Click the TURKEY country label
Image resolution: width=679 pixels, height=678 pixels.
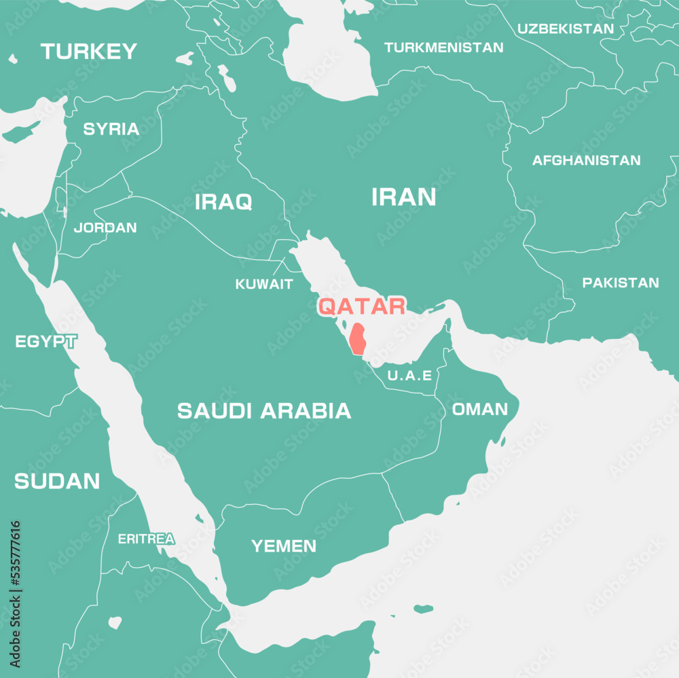click(x=89, y=52)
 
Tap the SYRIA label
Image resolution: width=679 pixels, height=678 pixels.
click(x=111, y=129)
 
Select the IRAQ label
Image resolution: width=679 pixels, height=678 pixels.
click(x=223, y=202)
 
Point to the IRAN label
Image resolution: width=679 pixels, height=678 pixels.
click(x=403, y=198)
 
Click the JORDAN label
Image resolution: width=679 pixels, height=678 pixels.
click(x=105, y=228)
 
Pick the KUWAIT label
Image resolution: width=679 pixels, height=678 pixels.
click(x=264, y=285)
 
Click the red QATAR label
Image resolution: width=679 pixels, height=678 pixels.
click(x=362, y=306)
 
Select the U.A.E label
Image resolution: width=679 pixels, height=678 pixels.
click(x=409, y=376)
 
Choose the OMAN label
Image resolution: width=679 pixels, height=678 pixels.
click(x=480, y=409)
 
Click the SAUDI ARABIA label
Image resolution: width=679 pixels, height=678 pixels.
click(x=264, y=410)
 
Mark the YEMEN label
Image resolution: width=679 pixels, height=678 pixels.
click(x=284, y=546)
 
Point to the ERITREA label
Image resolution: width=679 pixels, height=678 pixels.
click(x=146, y=539)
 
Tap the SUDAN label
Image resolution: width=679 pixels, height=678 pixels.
click(x=57, y=482)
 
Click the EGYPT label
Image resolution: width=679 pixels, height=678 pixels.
click(x=45, y=342)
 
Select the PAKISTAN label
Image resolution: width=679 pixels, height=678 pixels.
click(x=621, y=283)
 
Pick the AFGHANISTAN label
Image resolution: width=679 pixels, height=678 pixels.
click(x=586, y=161)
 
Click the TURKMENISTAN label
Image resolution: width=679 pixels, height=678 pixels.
click(x=444, y=48)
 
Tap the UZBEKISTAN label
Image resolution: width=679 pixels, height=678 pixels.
click(x=566, y=29)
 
